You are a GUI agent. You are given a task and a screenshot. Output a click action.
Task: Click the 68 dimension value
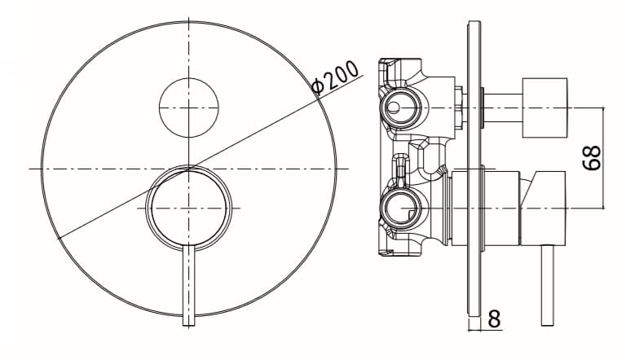[592, 158]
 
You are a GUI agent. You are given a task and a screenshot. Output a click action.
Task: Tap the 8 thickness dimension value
[494, 319]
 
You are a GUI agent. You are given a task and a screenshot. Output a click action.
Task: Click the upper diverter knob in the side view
[544, 108]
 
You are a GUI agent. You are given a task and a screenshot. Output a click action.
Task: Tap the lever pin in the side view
[547, 285]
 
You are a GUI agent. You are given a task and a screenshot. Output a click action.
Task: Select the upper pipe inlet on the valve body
[400, 108]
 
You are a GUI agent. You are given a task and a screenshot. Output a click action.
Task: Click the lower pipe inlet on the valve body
[400, 209]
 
